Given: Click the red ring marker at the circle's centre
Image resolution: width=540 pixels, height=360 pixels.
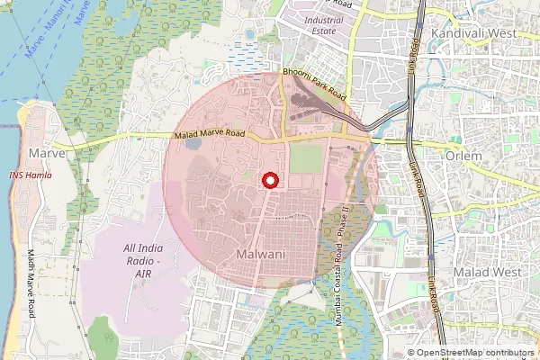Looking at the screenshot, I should [268, 180].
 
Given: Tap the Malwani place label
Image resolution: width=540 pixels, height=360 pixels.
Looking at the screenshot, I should [260, 255].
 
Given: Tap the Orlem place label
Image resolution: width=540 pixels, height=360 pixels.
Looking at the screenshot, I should [463, 156].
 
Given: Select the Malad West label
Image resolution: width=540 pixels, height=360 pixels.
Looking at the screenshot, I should [487, 271].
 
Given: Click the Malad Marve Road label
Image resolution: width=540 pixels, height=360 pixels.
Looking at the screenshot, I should [209, 135].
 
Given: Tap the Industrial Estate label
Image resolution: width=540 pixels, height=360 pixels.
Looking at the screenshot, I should [324, 25].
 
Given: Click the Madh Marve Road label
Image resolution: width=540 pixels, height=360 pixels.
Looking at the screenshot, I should [32, 283].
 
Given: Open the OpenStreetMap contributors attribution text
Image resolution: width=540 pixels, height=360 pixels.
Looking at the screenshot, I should [475, 353].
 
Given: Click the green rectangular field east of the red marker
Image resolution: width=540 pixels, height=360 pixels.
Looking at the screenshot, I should [306, 160].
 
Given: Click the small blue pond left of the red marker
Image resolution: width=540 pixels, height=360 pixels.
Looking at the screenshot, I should [193, 167].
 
